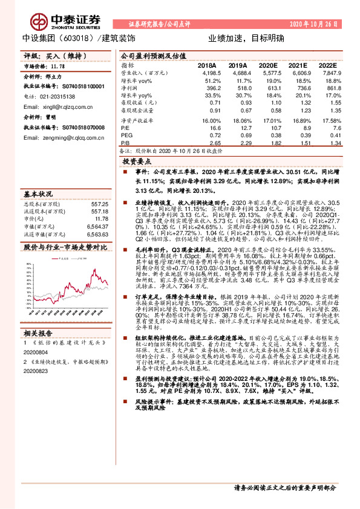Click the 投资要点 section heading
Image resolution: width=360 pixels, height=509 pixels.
pyautogui.click(x=136, y=163)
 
